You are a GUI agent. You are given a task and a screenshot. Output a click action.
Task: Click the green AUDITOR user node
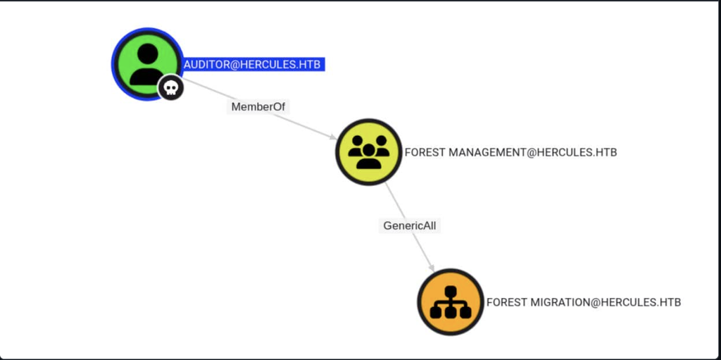(x=147, y=63)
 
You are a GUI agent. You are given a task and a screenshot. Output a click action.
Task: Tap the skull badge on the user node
(x=170, y=87)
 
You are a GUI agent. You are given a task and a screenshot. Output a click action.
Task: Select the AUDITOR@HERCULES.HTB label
(x=252, y=64)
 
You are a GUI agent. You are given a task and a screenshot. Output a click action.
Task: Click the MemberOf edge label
(x=258, y=107)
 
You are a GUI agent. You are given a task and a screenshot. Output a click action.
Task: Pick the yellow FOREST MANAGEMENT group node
(x=369, y=152)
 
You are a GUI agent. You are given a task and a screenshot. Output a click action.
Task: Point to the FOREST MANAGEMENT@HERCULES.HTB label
(x=510, y=152)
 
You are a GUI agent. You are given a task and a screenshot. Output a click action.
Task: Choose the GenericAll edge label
(x=410, y=225)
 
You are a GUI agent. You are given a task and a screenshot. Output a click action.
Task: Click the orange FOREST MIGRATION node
(x=451, y=302)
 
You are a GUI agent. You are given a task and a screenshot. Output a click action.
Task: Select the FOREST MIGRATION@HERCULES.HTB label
(x=584, y=302)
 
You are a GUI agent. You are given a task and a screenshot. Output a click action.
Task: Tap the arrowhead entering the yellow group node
(x=333, y=137)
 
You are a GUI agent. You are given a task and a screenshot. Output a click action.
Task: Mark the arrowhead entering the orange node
(x=432, y=268)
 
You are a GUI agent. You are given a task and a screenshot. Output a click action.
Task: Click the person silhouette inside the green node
(x=147, y=64)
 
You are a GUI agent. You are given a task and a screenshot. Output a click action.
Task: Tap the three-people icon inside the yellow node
(x=369, y=151)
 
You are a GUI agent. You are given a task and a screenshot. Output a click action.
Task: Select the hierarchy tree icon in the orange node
(x=451, y=302)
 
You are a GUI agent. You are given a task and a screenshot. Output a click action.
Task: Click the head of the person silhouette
(x=148, y=54)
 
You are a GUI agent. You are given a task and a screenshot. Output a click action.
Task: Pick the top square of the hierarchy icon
(x=451, y=291)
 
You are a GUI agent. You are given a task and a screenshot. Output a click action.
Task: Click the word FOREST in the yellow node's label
(x=425, y=152)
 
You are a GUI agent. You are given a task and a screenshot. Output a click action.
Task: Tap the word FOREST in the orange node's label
(x=507, y=302)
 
